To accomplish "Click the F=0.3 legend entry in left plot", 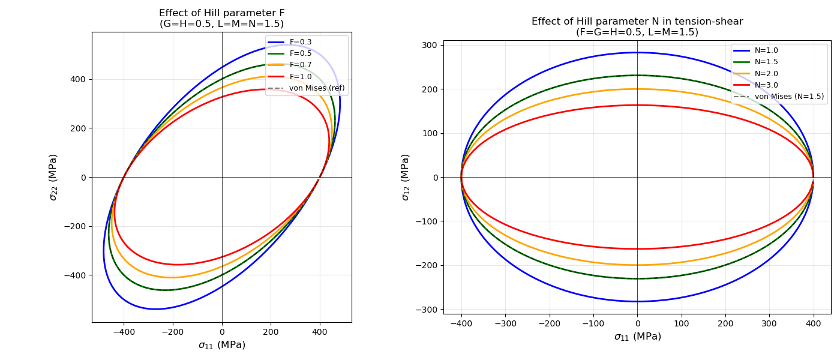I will (x=300, y=42).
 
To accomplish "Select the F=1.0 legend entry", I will (x=300, y=76).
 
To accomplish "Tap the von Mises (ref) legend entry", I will (x=316, y=88).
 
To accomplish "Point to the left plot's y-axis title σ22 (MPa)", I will (x=53, y=177).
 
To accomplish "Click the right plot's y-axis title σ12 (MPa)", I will (x=406, y=177).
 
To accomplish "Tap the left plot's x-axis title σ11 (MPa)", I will (x=221, y=345).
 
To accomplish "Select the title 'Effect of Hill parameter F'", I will (x=221, y=13).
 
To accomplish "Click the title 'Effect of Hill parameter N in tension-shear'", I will (x=637, y=22).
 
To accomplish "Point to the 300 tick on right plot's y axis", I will (x=430, y=45).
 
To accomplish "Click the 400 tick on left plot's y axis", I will (x=77, y=79).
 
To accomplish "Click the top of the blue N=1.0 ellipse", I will (x=637, y=53).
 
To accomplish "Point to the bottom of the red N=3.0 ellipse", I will (x=637, y=249).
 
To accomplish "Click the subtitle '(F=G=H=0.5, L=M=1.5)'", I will (x=637, y=32).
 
